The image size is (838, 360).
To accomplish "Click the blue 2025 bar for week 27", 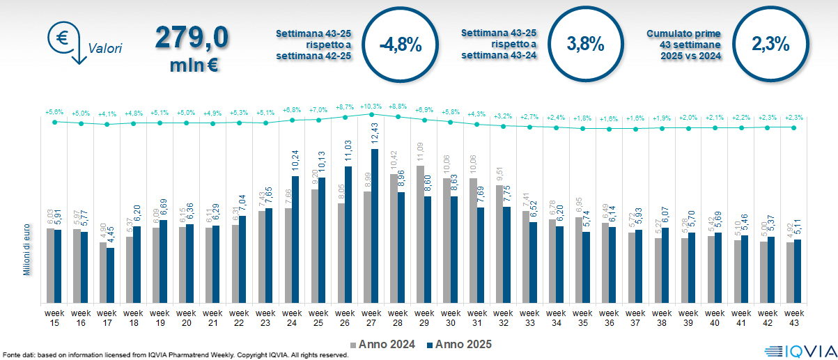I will [x=375, y=226].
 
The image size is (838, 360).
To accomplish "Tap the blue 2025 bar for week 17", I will [x=111, y=275].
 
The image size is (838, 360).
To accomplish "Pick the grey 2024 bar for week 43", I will [x=790, y=272].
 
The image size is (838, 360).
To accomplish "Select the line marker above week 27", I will [x=371, y=114].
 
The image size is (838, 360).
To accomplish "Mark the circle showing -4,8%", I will [x=400, y=45].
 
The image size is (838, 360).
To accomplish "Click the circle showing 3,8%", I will [x=585, y=43].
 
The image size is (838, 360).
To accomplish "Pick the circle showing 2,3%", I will [x=770, y=43].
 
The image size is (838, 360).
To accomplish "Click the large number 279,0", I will [x=192, y=39].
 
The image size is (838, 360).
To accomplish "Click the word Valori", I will [x=105, y=49].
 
